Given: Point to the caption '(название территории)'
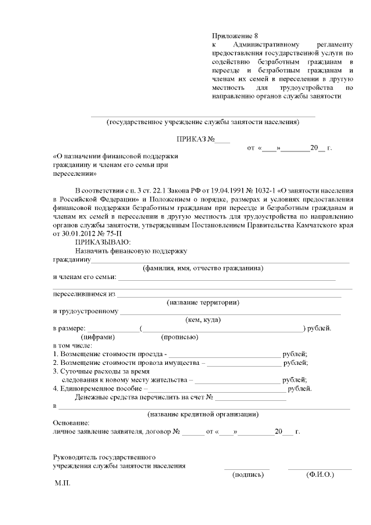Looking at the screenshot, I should pyautogui.click(x=203, y=303).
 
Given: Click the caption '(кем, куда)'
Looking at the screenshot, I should pyautogui.click(x=202, y=320).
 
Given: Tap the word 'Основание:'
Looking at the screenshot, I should pyautogui.click(x=71, y=423).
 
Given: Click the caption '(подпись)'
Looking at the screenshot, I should pyautogui.click(x=248, y=474).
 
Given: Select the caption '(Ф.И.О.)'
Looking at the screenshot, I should pyautogui.click(x=320, y=474).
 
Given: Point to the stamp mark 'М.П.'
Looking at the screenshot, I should pyautogui.click(x=62, y=483).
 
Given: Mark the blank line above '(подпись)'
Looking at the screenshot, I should pyautogui.click(x=247, y=468).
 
